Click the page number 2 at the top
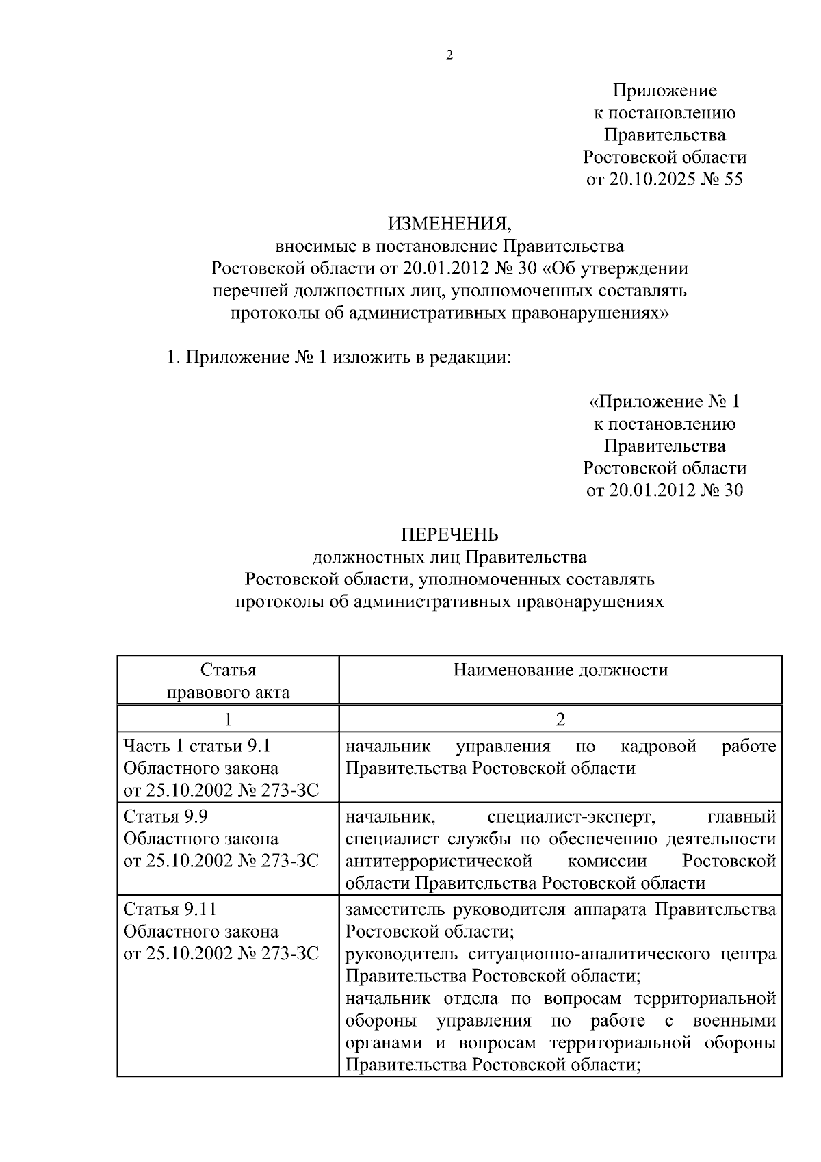(x=449, y=56)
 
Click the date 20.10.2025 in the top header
(x=650, y=180)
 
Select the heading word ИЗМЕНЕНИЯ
(x=449, y=223)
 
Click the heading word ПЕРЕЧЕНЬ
(x=449, y=534)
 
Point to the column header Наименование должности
(x=560, y=670)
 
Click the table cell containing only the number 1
(x=228, y=719)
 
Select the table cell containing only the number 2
(x=560, y=719)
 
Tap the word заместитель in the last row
(x=395, y=909)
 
